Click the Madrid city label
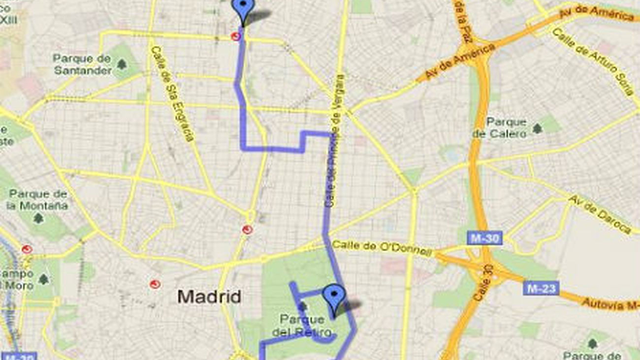coord(209,296)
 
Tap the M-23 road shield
coord(541,288)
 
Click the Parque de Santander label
coord(83,65)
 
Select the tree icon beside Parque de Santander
coord(121,64)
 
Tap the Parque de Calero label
coord(499,128)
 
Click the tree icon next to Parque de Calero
coord(537,129)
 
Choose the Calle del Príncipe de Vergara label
coord(334,140)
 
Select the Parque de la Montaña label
coord(38,199)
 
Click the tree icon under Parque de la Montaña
coord(38,218)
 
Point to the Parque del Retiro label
coord(301,326)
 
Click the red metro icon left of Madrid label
coord(155,284)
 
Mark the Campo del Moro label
coord(17,279)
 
